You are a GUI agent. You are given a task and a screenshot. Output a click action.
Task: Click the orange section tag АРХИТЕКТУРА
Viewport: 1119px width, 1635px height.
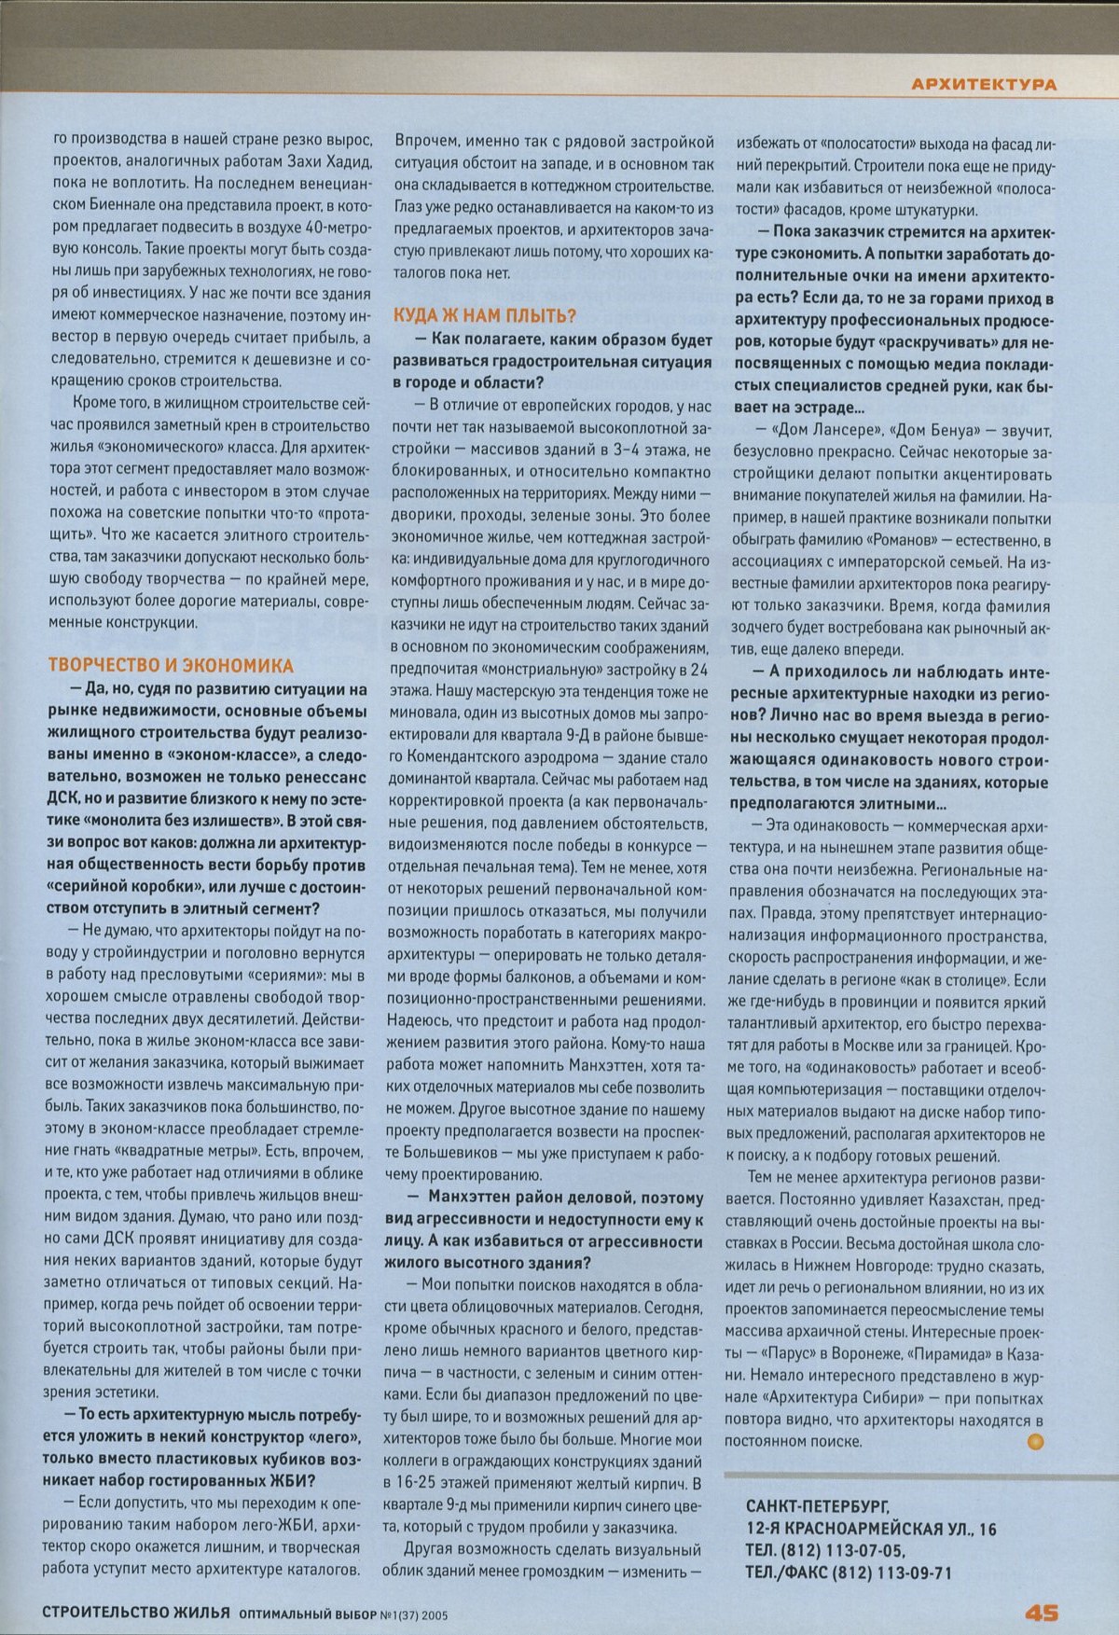pos(983,85)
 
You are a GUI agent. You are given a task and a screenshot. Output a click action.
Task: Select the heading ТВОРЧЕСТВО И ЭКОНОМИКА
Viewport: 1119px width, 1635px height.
pos(171,665)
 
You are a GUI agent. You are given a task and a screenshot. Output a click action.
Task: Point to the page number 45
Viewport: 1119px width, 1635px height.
pos(1041,1613)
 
